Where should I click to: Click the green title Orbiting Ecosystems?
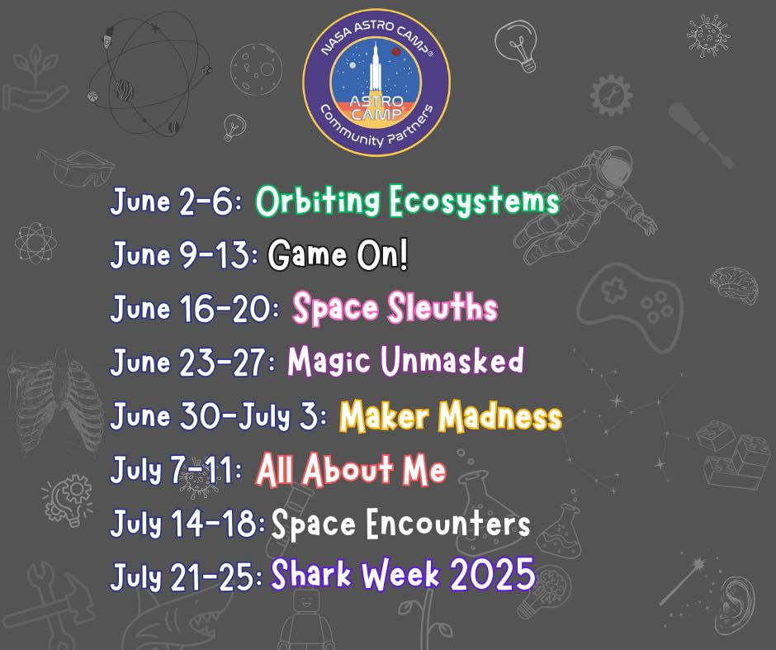point(407,201)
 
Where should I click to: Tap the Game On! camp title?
point(338,254)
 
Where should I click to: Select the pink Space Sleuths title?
point(395,308)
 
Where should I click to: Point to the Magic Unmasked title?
point(405,360)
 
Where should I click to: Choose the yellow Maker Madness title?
point(451,415)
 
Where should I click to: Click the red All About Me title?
point(352,469)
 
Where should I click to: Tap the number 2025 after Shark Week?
point(492,574)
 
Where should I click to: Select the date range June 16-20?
point(195,309)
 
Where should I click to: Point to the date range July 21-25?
point(187,576)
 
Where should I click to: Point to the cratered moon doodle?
point(256,69)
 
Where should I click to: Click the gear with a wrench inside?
point(611,95)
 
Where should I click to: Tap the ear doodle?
point(736,606)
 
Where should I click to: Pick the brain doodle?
point(734,285)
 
